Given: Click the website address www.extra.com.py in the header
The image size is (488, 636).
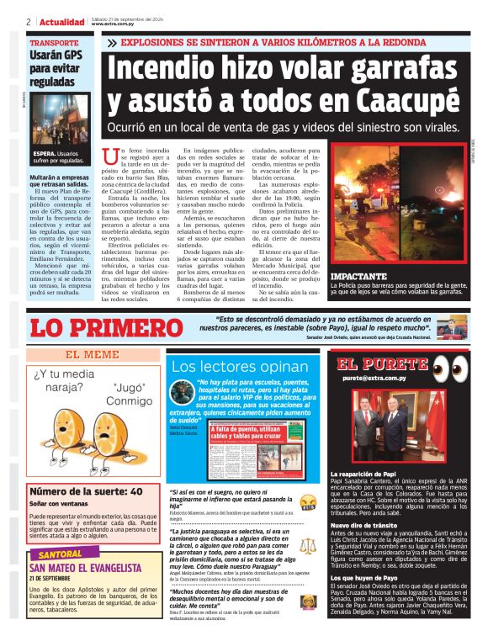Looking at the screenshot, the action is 113,24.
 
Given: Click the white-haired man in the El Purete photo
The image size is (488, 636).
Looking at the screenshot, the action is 388,427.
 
